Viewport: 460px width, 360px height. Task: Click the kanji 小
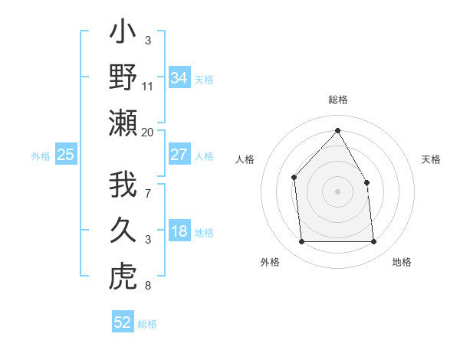click(x=123, y=34)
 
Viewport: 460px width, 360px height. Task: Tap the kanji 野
click(x=123, y=78)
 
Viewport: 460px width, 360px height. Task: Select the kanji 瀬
click(x=123, y=123)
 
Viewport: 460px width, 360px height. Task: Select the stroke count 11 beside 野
click(x=148, y=87)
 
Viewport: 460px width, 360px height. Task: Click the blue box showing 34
click(x=179, y=77)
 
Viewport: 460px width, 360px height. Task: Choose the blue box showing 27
click(x=179, y=155)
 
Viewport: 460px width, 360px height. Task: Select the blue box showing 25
click(x=66, y=155)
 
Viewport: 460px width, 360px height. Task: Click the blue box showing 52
click(x=123, y=322)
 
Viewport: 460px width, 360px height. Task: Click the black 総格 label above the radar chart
click(x=337, y=100)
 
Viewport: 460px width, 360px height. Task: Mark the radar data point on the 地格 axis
click(x=374, y=242)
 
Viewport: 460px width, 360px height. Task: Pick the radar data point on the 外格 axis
click(x=301, y=242)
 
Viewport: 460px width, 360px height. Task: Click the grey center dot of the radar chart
click(x=337, y=191)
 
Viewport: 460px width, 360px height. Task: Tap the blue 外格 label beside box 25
click(x=41, y=156)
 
